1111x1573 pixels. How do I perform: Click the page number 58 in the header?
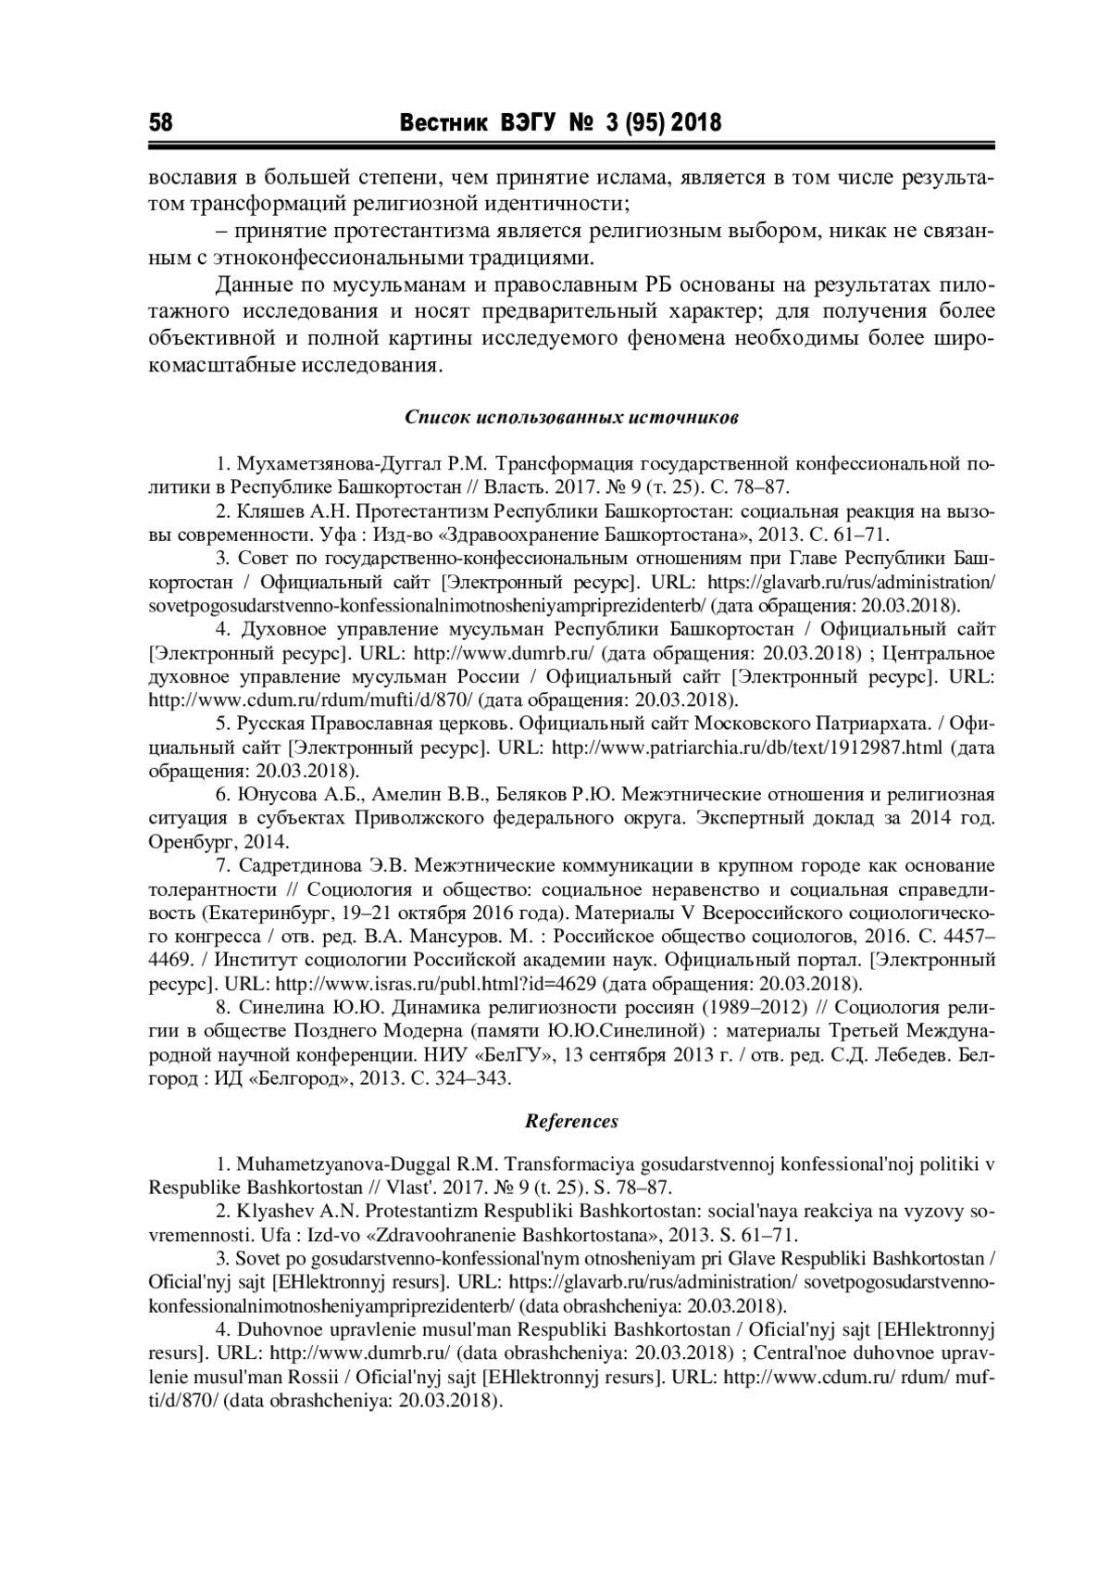161,122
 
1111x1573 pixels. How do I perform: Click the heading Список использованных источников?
571,417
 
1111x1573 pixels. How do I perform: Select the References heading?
571,1121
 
